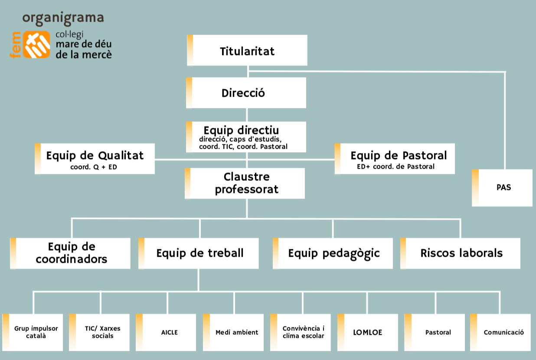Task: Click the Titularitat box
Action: pyautogui.click(x=247, y=50)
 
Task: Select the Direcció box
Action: pyautogui.click(x=246, y=93)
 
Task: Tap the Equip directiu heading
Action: pyautogui.click(x=241, y=131)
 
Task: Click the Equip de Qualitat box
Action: pyautogui.click(x=95, y=159)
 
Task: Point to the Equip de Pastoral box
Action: pyautogui.click(x=395, y=159)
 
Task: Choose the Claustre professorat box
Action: pyautogui.click(x=245, y=183)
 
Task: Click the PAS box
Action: pyautogui.click(x=502, y=188)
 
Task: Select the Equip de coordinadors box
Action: pyautogui.click(x=70, y=253)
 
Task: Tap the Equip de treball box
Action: pyautogui.click(x=199, y=253)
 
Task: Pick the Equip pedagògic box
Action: pyautogui.click(x=333, y=253)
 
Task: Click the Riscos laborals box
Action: pyautogui.click(x=461, y=253)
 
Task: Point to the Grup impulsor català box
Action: pyautogui.click(x=33, y=333)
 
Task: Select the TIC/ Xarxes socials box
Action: pyautogui.click(x=99, y=333)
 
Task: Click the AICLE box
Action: pyautogui.click(x=166, y=333)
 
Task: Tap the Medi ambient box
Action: pyautogui.click(x=233, y=333)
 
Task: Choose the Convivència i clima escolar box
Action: pyautogui.click(x=301, y=333)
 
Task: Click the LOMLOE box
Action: pyautogui.click(x=368, y=333)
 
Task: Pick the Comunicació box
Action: pyautogui.click(x=500, y=333)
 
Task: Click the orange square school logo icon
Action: pyautogui.click(x=36, y=45)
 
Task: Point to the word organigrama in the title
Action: pyautogui.click(x=63, y=18)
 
